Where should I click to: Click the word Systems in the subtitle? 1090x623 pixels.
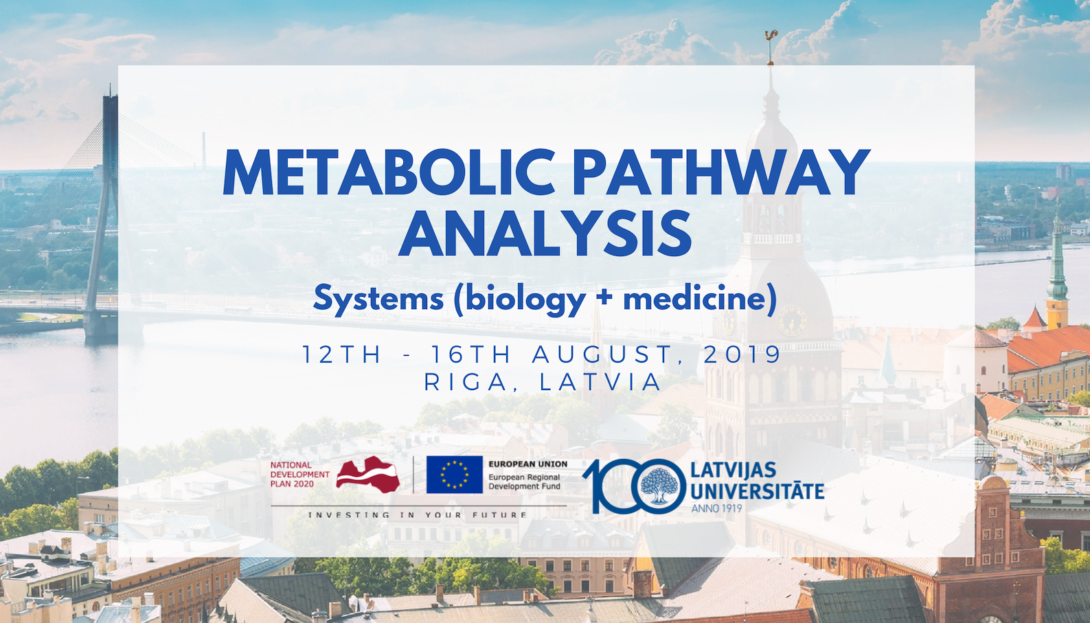click(x=378, y=299)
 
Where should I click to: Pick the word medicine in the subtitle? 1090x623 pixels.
click(x=694, y=298)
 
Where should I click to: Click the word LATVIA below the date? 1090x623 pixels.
click(x=600, y=382)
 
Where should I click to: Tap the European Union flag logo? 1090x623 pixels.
click(x=455, y=475)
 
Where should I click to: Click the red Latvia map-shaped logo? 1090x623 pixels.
click(x=368, y=475)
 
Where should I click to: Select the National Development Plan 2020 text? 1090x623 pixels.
click(x=299, y=475)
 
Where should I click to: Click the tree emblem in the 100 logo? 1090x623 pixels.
click(x=659, y=485)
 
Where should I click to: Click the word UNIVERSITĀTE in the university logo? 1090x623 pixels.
click(x=757, y=492)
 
